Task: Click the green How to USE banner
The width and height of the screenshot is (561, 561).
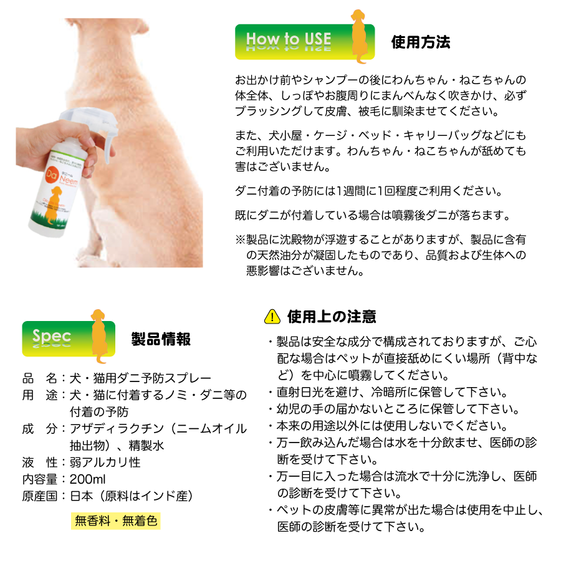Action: [x=290, y=41]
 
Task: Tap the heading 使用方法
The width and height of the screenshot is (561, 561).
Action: [x=420, y=42]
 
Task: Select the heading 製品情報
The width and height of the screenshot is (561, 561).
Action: [x=161, y=339]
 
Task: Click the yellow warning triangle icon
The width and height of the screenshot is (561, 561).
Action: [x=272, y=317]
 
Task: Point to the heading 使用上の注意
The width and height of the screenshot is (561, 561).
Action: [x=331, y=317]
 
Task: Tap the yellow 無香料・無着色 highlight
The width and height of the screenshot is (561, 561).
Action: [x=115, y=520]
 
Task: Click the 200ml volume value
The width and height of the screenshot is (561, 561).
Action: [x=88, y=479]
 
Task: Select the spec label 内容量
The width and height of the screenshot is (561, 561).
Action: [x=39, y=479]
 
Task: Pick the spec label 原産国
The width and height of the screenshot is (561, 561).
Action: [x=39, y=496]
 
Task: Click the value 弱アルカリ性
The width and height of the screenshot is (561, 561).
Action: [x=105, y=463]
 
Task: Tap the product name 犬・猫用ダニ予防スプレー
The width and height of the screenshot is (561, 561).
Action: [x=140, y=378]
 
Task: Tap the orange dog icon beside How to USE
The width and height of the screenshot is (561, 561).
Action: [x=360, y=36]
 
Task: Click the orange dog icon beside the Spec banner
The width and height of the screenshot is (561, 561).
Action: [x=98, y=333]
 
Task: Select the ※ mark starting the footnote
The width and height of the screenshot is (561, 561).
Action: [x=240, y=239]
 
